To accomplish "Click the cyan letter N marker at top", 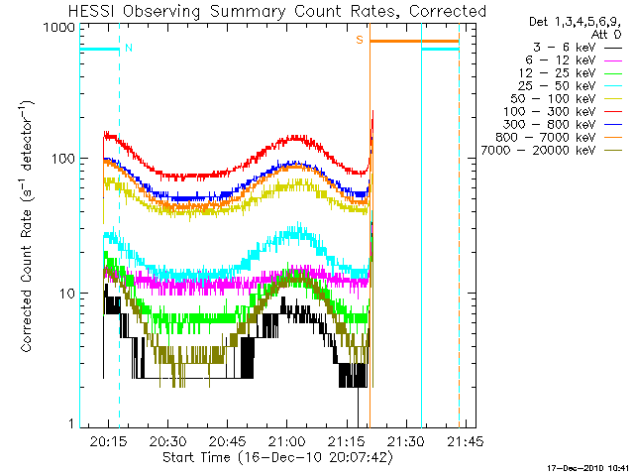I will [x=129, y=47].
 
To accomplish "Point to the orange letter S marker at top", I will [x=360, y=41].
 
